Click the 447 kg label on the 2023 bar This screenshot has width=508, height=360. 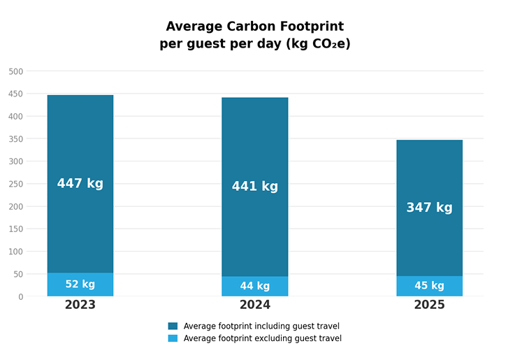80,184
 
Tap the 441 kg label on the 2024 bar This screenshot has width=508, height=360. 254,187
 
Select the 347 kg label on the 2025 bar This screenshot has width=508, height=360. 429,208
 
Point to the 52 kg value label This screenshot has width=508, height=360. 80,285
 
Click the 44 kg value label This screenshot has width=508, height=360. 254,286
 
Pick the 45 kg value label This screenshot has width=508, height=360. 429,286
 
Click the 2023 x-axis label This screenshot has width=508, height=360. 80,305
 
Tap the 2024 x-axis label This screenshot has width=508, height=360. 254,305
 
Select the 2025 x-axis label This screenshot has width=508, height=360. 429,305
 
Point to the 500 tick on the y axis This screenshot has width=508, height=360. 15,71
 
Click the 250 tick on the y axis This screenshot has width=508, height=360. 15,184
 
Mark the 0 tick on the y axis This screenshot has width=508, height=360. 20,296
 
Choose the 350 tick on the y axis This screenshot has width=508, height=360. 15,139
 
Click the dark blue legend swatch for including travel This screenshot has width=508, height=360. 173,326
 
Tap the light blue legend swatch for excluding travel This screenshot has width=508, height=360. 173,338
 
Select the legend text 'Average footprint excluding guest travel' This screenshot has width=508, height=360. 262,338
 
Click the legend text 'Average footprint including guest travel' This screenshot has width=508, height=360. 261,326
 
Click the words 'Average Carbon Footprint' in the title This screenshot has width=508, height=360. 254,27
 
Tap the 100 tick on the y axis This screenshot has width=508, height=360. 15,252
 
